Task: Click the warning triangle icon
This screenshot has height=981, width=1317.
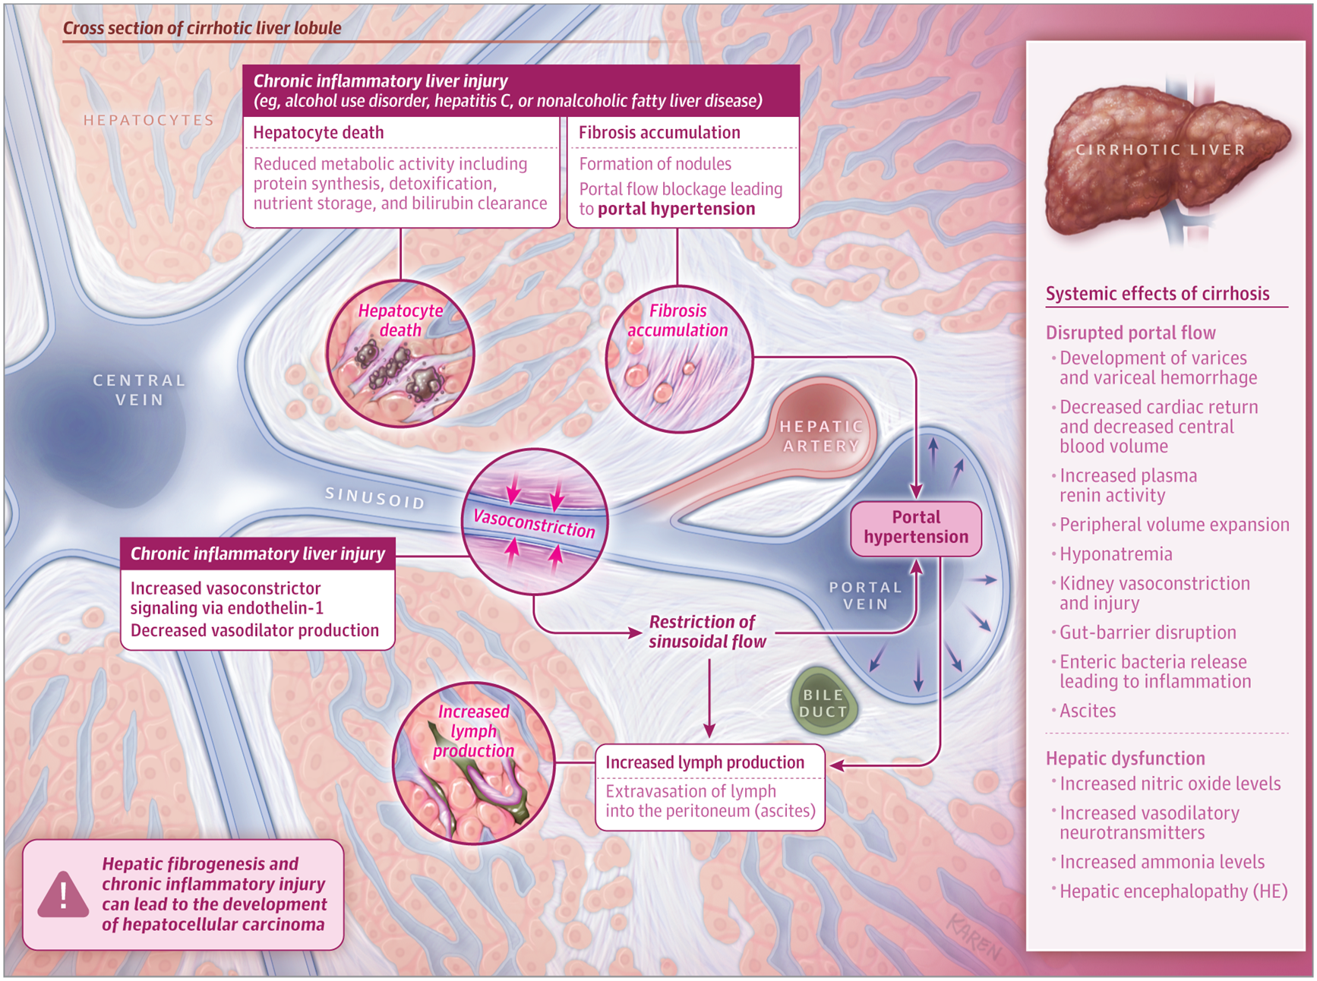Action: pos(63,895)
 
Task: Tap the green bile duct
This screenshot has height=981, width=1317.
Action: pos(823,702)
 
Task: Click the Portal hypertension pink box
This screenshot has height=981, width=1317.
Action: pos(916,528)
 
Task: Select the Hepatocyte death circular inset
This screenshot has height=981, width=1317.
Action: pos(400,354)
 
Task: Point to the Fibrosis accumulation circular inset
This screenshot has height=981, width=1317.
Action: pos(678,359)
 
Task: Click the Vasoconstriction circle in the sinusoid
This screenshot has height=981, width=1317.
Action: pos(535,522)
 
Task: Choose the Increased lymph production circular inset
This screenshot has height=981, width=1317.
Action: pos(473,763)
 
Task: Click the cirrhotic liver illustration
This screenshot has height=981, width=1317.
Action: pos(1162,159)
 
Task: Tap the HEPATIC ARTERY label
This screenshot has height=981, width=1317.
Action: pos(821,436)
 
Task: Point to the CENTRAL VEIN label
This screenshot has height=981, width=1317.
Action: pos(139,390)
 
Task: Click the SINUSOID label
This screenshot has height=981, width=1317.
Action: pos(374,498)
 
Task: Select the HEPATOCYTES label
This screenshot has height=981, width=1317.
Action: pos(149,120)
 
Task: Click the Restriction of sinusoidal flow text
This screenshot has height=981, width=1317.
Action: pos(706,632)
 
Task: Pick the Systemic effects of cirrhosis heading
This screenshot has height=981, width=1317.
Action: pos(1157,294)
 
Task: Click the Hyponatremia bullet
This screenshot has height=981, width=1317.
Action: pos(1115,554)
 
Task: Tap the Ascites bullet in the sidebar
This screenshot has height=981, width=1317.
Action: pos(1087,711)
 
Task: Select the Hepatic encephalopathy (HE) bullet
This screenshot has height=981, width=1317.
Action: pos(1173,891)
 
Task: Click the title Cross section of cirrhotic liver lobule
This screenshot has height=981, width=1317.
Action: pos(202,28)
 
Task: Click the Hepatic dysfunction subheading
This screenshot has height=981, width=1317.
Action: pos(1125,759)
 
